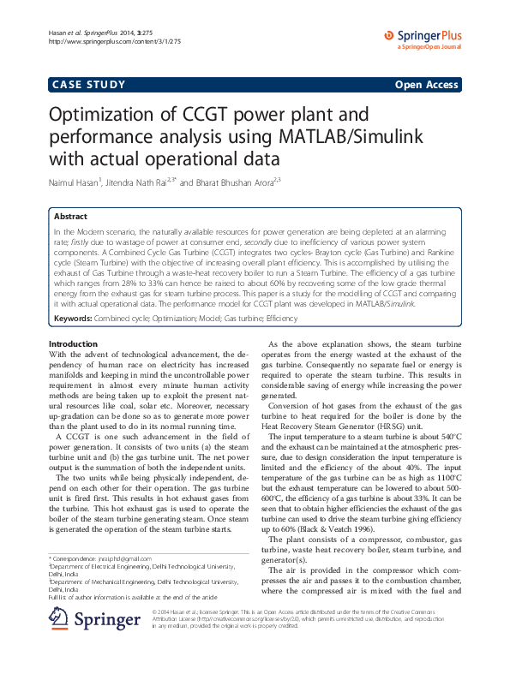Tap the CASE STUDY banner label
89,85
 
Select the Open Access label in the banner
426,85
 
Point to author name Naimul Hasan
75,182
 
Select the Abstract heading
70,218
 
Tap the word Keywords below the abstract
73,319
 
